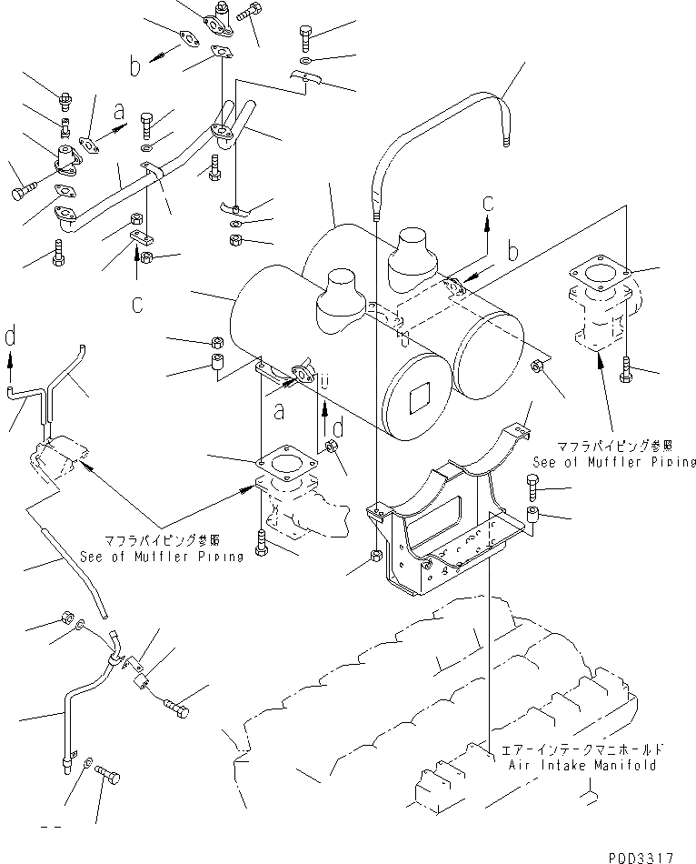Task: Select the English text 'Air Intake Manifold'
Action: pyautogui.click(x=579, y=765)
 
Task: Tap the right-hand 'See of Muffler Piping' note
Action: pyautogui.click(x=614, y=462)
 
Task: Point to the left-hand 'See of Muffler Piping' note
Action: pyautogui.click(x=162, y=557)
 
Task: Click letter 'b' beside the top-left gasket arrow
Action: pyautogui.click(x=134, y=67)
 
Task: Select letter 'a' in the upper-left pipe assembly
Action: pyautogui.click(x=118, y=113)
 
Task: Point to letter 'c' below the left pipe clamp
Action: pyautogui.click(x=136, y=305)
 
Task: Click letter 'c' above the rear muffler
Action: pyautogui.click(x=488, y=201)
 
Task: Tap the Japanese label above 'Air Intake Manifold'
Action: pyautogui.click(x=580, y=750)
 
